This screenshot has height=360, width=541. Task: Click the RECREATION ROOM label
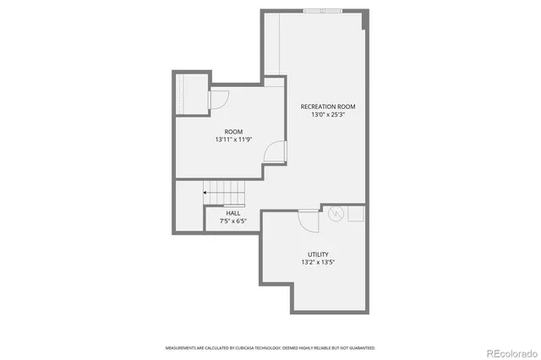click(x=328, y=106)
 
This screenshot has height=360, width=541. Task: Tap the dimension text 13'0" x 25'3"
click(x=328, y=115)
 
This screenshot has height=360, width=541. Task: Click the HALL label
click(x=232, y=213)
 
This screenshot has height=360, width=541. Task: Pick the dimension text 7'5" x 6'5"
click(x=232, y=221)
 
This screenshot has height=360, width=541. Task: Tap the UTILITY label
click(x=318, y=254)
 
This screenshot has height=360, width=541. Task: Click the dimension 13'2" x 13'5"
click(x=318, y=263)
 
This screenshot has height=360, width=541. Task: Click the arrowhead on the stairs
click(x=205, y=193)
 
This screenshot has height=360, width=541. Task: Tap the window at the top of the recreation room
click(x=324, y=10)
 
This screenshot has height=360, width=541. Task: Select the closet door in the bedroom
click(x=216, y=100)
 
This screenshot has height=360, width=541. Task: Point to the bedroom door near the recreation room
click(x=274, y=152)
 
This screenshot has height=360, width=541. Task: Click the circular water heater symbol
click(x=336, y=215)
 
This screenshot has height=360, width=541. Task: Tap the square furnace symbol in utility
click(x=356, y=215)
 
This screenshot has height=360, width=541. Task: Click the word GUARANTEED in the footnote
click(x=362, y=347)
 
